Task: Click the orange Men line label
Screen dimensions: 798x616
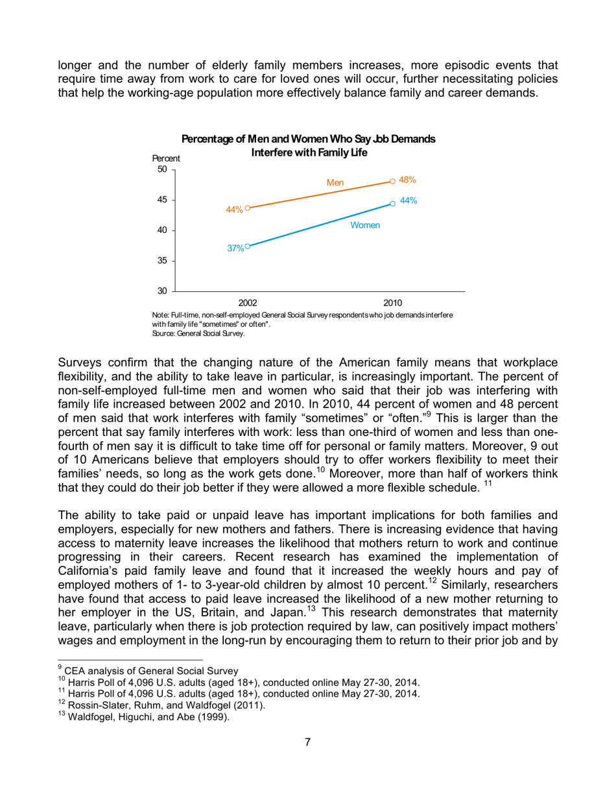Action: tap(335, 183)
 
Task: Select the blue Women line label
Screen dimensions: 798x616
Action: tap(364, 225)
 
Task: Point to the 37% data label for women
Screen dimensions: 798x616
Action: tap(235, 248)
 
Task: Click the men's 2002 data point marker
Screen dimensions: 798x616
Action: tap(247, 208)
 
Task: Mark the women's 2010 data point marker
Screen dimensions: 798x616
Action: tap(392, 203)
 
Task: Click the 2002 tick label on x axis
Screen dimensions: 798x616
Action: tap(248, 302)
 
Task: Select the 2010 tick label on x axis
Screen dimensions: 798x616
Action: tap(392, 302)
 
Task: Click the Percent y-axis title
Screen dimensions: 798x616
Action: tap(165, 158)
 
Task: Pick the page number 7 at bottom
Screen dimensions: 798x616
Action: tap(308, 760)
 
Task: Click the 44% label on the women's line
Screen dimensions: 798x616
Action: tap(408, 202)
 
